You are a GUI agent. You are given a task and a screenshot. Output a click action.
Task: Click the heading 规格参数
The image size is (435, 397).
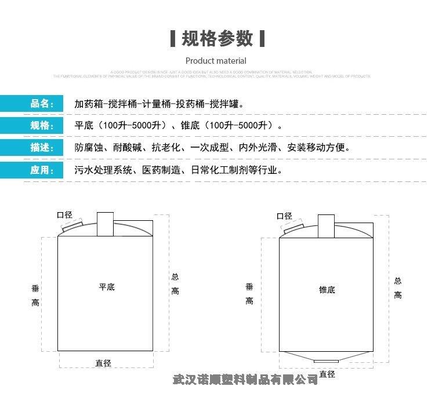pyautogui.click(x=217, y=39)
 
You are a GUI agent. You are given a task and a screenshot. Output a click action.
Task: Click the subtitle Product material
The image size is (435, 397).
pyautogui.click(x=216, y=61)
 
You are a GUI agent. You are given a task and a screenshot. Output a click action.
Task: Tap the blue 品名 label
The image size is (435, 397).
pyautogui.click(x=42, y=104)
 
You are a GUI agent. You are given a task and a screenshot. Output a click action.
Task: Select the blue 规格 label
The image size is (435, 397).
pyautogui.click(x=42, y=126)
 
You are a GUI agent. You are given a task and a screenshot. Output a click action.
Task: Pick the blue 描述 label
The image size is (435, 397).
pyautogui.click(x=42, y=147)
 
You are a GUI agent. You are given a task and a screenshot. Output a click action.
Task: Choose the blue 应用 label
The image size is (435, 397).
pyautogui.click(x=42, y=170)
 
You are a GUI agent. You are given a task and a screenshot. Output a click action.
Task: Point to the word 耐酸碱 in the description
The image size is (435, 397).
pyautogui.click(x=133, y=148)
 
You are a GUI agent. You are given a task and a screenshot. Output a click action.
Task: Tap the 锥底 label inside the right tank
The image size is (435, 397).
pyautogui.click(x=327, y=289)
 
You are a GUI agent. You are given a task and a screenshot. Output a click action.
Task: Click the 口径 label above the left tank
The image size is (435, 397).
pyautogui.click(x=64, y=215)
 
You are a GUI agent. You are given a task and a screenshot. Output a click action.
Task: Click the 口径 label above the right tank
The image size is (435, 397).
pyautogui.click(x=284, y=216)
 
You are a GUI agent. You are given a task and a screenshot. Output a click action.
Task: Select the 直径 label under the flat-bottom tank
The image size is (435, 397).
pyautogui.click(x=104, y=363)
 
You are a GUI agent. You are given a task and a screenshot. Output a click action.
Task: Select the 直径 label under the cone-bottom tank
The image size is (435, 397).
pyautogui.click(x=327, y=374)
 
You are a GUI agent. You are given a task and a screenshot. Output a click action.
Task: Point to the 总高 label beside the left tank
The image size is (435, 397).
pyautogui.click(x=175, y=284)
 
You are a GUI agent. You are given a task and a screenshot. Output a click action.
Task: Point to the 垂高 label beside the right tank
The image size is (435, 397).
pyautogui.click(x=249, y=293)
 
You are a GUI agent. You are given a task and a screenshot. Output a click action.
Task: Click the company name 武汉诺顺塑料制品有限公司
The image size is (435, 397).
pyautogui.click(x=246, y=380)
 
